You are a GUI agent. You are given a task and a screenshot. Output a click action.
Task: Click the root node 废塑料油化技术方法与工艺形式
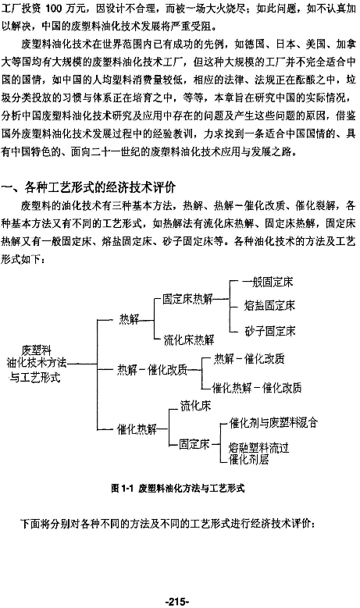pyautogui.click(x=37, y=364)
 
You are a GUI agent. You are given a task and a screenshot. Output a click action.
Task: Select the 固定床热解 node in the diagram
pyautogui.click(x=187, y=299)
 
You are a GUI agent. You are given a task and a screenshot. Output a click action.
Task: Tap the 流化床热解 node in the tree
pyautogui.click(x=188, y=340)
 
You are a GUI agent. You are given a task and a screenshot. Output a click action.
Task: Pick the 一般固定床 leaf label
pyautogui.click(x=268, y=282)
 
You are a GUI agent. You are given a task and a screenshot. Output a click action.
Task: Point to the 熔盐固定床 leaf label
pyautogui.click(x=269, y=305)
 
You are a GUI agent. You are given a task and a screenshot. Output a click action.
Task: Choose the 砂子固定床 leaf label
pyautogui.click(x=269, y=331)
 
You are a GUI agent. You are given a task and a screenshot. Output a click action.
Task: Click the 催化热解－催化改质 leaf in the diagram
pyautogui.click(x=256, y=388)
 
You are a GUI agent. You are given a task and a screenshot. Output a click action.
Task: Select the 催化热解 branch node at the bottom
pyautogui.click(x=137, y=429)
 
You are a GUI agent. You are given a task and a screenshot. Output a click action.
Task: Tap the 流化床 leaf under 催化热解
pyautogui.click(x=195, y=406)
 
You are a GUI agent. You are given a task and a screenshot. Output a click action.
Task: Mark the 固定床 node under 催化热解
pyautogui.click(x=194, y=444)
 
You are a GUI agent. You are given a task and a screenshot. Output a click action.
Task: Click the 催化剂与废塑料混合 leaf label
pyautogui.click(x=273, y=423)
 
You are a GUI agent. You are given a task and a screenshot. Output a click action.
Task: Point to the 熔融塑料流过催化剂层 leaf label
pyautogui.click(x=258, y=453)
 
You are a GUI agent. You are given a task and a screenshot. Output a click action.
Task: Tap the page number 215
pyautogui.click(x=177, y=602)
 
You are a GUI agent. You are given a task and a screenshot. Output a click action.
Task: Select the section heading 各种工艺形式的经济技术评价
pyautogui.click(x=100, y=187)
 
